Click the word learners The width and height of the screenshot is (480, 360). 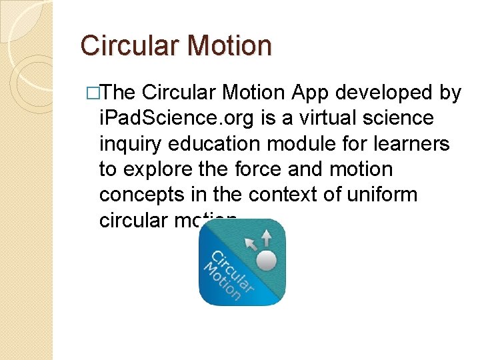[418, 144]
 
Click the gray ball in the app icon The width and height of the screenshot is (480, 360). [267, 260]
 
